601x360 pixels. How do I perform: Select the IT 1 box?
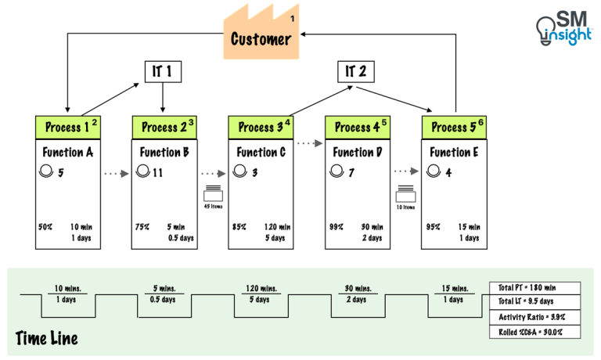click(x=164, y=72)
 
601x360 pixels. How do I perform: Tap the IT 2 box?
click(x=356, y=72)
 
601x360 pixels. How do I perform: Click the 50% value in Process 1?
click(x=46, y=227)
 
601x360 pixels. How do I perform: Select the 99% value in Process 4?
click(x=336, y=227)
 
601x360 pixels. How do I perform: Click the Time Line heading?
click(x=46, y=338)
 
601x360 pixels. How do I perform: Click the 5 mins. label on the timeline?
click(x=165, y=288)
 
